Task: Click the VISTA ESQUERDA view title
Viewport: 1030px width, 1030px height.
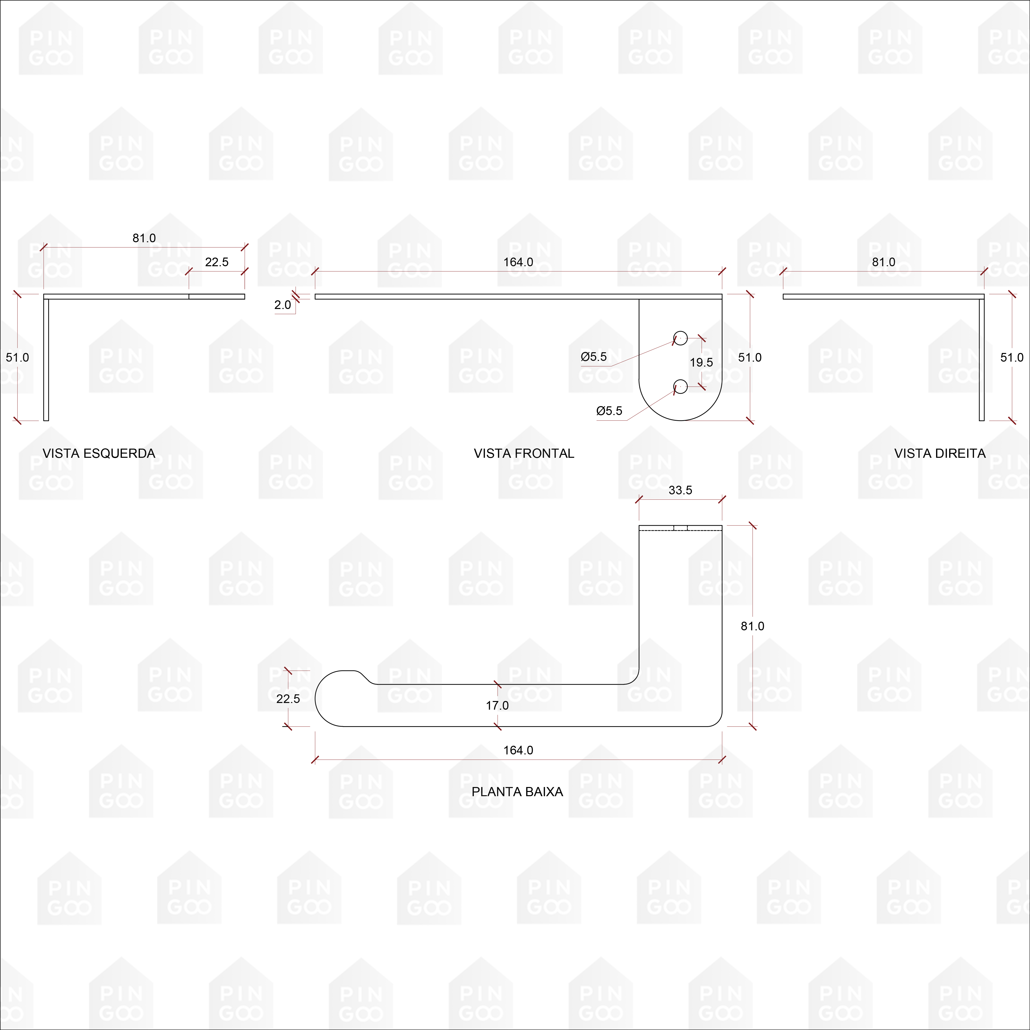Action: point(99,453)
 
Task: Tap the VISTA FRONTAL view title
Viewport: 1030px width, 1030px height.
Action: point(524,453)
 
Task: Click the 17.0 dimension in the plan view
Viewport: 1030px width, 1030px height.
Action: point(497,705)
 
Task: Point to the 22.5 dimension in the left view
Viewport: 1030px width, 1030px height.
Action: point(217,262)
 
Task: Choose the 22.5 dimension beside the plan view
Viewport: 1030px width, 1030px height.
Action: point(288,698)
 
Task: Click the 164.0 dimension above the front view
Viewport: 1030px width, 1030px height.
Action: point(518,262)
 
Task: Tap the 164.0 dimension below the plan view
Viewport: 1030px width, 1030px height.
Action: point(518,750)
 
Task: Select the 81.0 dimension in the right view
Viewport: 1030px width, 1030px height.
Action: point(883,262)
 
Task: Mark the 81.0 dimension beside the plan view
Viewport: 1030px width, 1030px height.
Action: point(752,626)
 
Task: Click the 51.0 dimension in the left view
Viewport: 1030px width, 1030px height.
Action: point(18,357)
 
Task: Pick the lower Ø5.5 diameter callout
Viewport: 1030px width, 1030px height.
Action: point(609,411)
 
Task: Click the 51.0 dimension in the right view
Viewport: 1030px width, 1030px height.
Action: point(1011,357)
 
